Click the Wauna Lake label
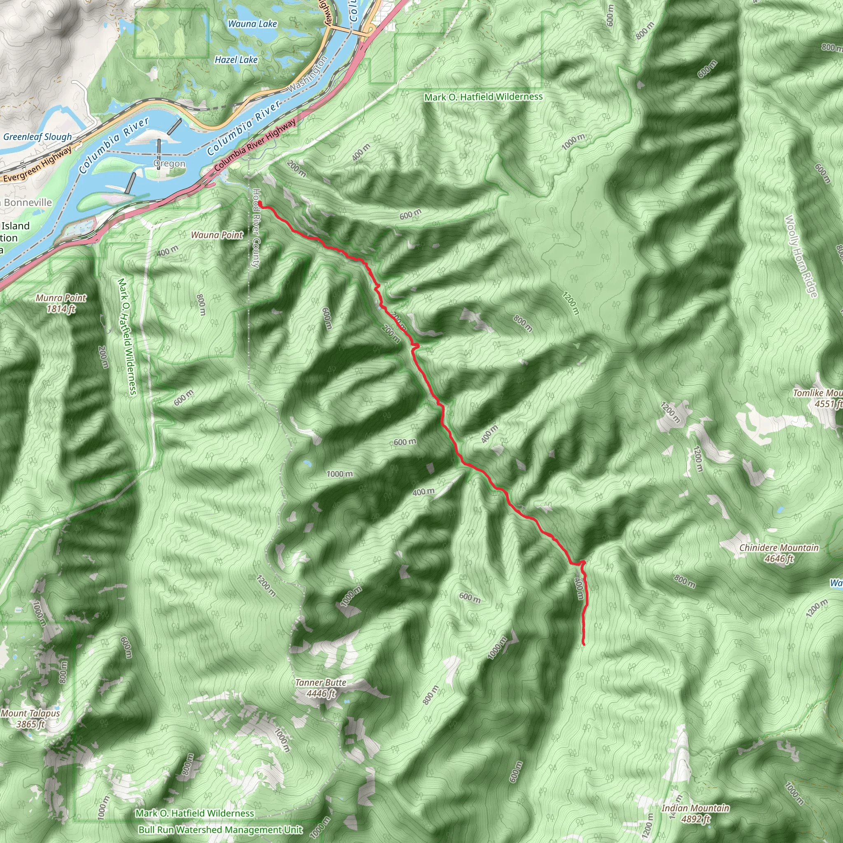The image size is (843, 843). pyautogui.click(x=252, y=23)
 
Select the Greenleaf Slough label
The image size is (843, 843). pyautogui.click(x=37, y=137)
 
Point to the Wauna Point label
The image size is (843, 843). pyautogui.click(x=217, y=235)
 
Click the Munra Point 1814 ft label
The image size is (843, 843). pyautogui.click(x=61, y=303)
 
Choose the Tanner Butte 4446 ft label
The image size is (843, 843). pyautogui.click(x=321, y=688)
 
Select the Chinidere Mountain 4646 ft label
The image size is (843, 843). pyautogui.click(x=779, y=553)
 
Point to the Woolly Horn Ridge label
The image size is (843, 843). pyautogui.click(x=801, y=256)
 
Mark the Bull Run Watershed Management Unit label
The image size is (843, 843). pyautogui.click(x=220, y=829)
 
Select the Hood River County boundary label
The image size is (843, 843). pyautogui.click(x=256, y=228)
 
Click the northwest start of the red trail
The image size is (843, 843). pyautogui.click(x=260, y=203)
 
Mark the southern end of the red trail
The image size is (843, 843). pyautogui.click(x=584, y=644)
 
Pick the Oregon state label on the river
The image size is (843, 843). pyautogui.click(x=169, y=164)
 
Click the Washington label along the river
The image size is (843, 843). pyautogui.click(x=307, y=75)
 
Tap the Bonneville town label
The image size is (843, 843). pyautogui.click(x=27, y=203)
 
